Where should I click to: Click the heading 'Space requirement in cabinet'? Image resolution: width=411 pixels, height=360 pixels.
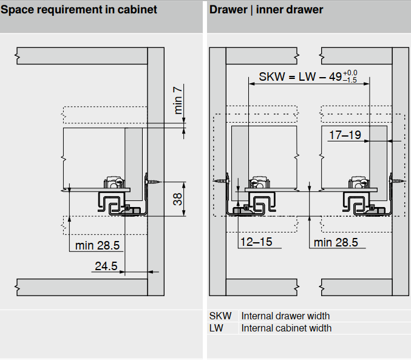(x=79, y=10)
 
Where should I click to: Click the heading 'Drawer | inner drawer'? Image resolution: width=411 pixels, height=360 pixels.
(x=266, y=10)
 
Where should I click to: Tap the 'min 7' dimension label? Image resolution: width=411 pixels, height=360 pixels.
(x=178, y=101)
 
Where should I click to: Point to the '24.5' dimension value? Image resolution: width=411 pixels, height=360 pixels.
(x=105, y=266)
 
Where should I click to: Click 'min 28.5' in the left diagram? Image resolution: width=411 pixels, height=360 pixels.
(x=97, y=245)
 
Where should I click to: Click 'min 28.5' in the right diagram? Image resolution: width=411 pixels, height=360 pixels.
(x=336, y=243)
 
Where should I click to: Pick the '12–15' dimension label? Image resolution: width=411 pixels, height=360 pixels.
(x=256, y=242)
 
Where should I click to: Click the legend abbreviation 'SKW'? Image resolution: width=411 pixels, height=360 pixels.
(x=219, y=316)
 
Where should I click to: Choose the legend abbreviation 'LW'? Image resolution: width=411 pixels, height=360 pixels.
(x=216, y=328)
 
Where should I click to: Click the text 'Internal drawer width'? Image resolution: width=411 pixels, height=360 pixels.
(x=285, y=316)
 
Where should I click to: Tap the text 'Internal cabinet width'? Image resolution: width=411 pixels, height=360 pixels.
(x=287, y=328)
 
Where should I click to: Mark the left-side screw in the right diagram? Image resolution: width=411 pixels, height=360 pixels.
(x=220, y=180)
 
